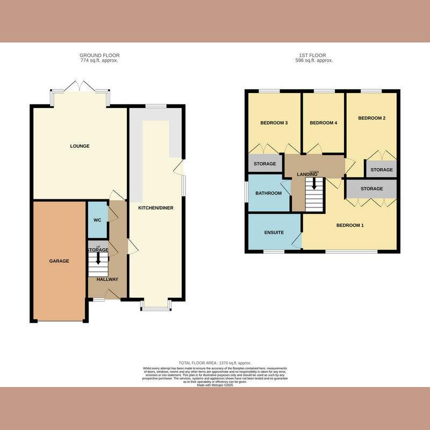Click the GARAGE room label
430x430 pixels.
[59, 261]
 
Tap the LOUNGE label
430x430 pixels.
[79, 146]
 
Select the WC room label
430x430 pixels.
[97, 220]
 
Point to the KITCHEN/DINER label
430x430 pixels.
[156, 208]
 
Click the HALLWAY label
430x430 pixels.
[107, 279]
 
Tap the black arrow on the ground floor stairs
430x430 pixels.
[98, 258]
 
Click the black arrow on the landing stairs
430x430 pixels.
[314, 184]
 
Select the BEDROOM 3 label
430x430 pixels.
[274, 123]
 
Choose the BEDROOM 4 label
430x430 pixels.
[323, 123]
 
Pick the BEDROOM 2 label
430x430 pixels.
[372, 118]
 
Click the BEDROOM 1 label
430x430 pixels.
[350, 225]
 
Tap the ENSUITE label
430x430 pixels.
[274, 233]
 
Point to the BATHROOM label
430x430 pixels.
[268, 193]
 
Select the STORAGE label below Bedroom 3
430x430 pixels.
[264, 164]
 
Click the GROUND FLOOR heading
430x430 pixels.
[99, 55]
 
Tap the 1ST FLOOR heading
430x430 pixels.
[314, 55]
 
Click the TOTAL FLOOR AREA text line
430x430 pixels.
[215, 363]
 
